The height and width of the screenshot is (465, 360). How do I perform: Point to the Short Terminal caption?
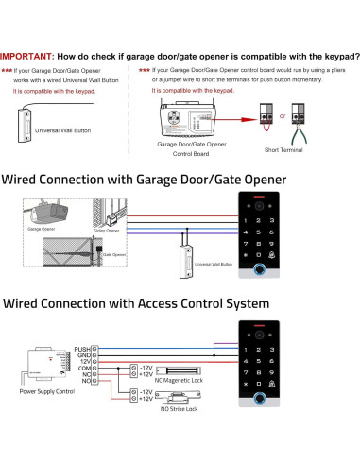point(283,150)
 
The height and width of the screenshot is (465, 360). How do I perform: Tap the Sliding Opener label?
point(106,230)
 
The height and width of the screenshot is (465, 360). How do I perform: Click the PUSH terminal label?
point(79,350)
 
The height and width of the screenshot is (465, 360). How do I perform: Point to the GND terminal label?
point(81,356)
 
